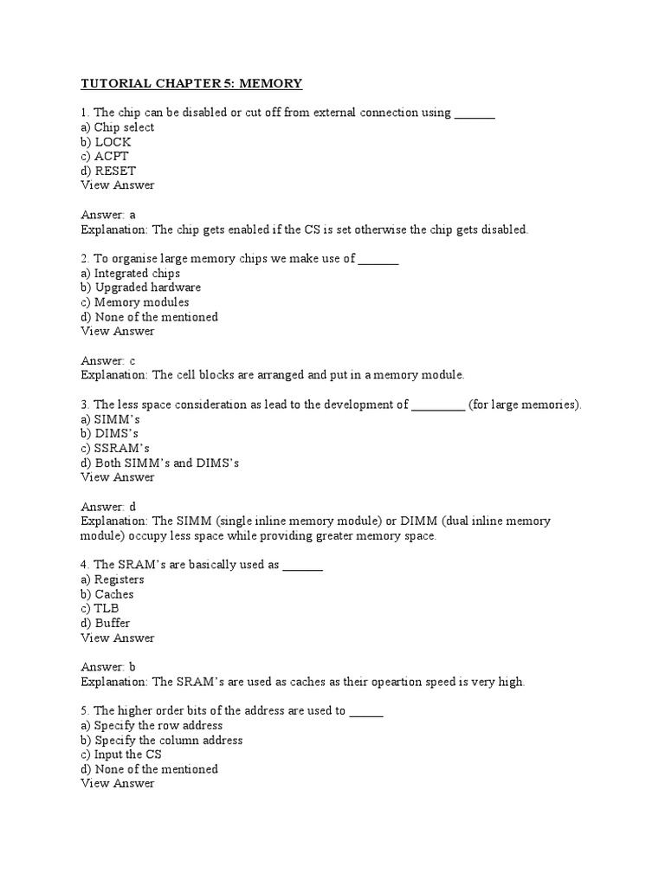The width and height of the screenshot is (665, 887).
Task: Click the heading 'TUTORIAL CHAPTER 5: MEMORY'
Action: pos(191,83)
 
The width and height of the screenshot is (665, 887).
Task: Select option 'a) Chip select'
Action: pos(118,127)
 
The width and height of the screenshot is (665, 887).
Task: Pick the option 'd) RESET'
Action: pos(108,171)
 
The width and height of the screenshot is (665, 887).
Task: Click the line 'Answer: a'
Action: pos(108,215)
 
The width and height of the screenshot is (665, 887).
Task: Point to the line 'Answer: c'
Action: pos(108,360)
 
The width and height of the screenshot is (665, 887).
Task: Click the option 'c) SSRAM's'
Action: pos(115,449)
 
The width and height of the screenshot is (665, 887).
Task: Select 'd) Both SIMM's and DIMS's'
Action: pos(159,463)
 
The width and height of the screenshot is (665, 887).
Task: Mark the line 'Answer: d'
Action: pos(108,507)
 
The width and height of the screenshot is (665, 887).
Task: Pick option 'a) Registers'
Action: pos(113,579)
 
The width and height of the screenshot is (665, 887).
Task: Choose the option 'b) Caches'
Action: pos(107,594)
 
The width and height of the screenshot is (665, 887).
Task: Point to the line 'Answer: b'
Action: pos(108,667)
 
